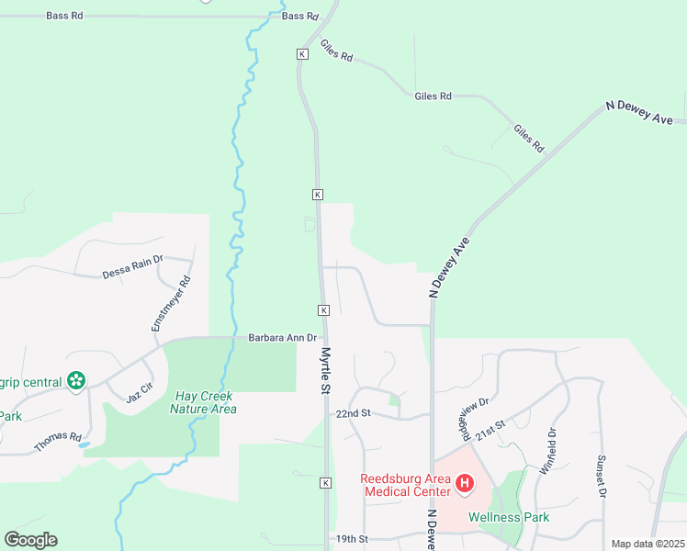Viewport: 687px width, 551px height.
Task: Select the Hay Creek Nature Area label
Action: (x=203, y=402)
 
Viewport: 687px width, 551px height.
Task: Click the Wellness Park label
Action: (x=509, y=517)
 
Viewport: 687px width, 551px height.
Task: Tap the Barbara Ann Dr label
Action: (x=282, y=338)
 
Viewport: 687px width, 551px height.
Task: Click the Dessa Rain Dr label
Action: (x=132, y=272)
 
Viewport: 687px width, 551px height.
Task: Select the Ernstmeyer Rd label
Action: (x=171, y=304)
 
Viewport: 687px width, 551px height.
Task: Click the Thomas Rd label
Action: (x=58, y=442)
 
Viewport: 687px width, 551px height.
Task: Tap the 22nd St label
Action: (x=353, y=414)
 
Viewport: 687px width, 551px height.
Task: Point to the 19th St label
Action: (x=351, y=539)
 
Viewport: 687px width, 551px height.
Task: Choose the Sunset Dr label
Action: (x=603, y=477)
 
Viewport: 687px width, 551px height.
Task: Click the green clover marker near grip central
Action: (x=76, y=381)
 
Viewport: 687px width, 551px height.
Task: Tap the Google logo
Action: (x=30, y=540)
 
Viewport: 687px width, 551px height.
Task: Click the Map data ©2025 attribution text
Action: (x=647, y=544)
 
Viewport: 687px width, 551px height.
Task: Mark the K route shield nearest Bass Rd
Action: (x=301, y=54)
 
